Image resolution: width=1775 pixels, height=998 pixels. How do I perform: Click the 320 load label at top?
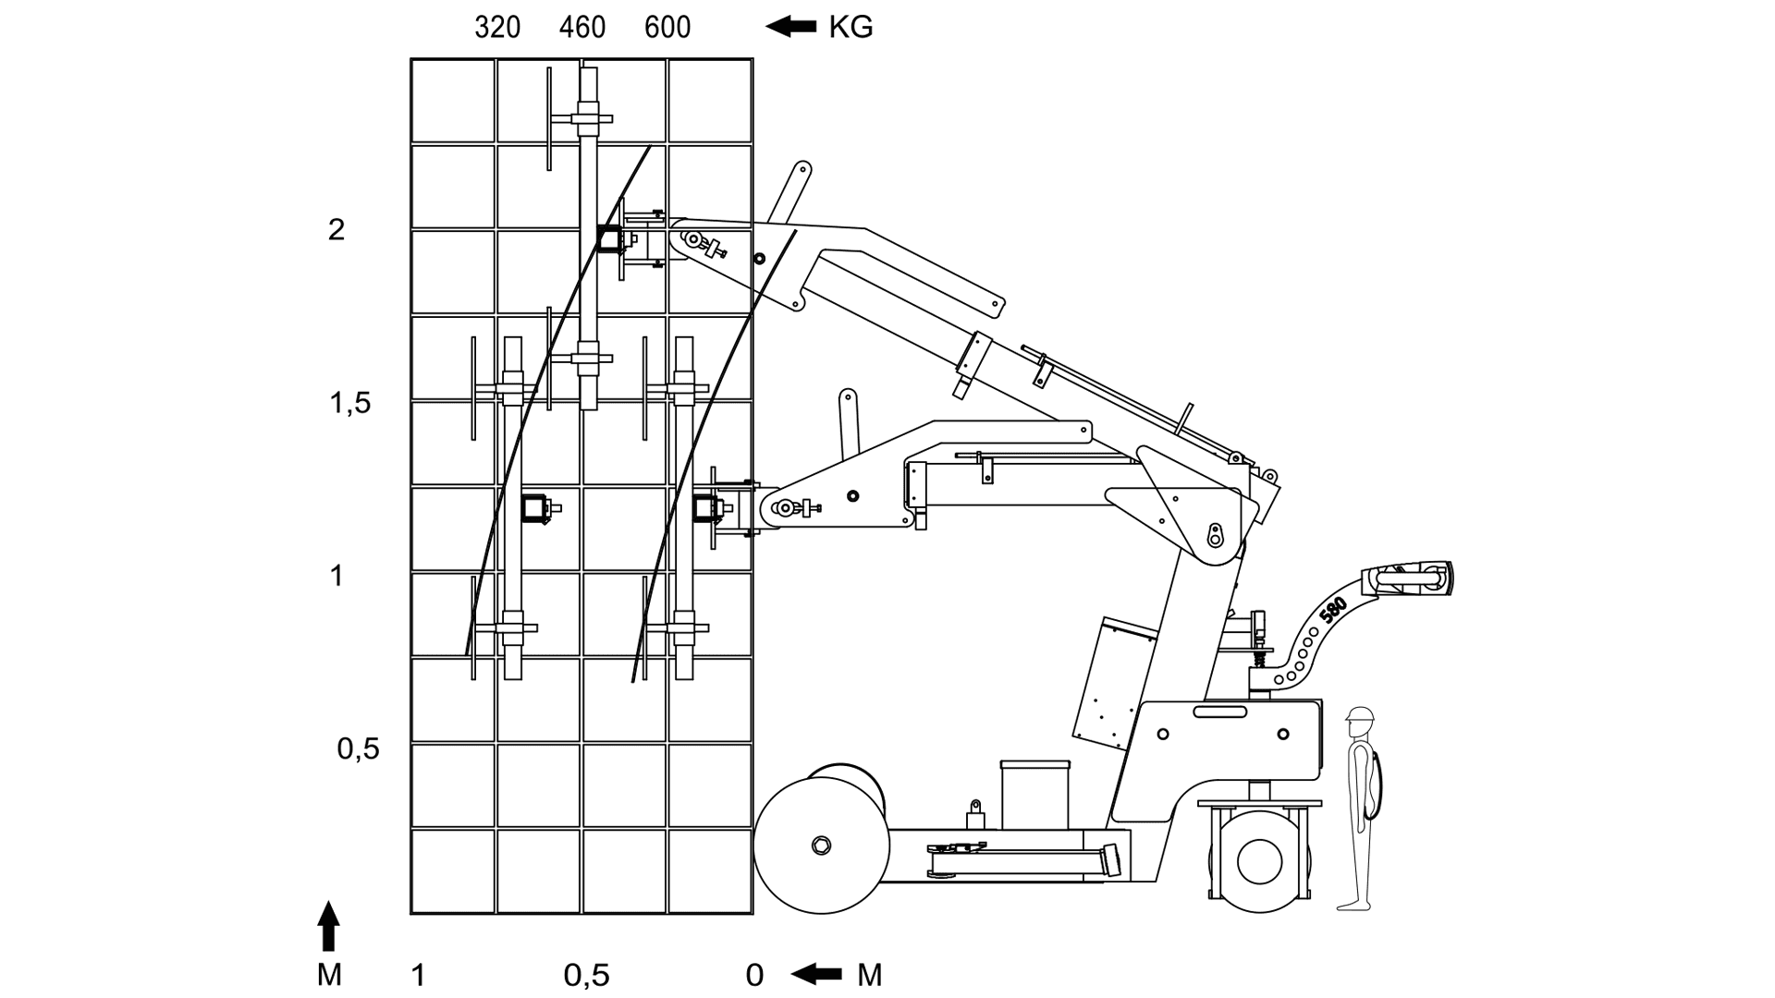[x=497, y=28]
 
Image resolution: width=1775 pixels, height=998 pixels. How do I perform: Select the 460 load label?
[x=582, y=28]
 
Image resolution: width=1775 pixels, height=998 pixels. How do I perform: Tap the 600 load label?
[x=667, y=28]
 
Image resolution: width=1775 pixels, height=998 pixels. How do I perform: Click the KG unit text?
[x=851, y=28]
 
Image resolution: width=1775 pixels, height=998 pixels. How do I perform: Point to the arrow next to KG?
[x=790, y=27]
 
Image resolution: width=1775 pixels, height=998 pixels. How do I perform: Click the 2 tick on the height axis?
[x=337, y=229]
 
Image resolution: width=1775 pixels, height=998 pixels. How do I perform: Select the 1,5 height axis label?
[x=350, y=403]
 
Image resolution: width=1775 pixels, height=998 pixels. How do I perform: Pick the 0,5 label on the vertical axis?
[x=358, y=748]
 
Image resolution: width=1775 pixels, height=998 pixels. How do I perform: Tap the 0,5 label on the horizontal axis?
[x=587, y=975]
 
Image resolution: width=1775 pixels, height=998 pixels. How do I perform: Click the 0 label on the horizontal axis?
[x=754, y=975]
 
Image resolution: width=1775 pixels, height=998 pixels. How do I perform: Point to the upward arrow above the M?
[x=328, y=926]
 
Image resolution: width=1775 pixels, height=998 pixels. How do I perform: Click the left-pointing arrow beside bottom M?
[x=817, y=974]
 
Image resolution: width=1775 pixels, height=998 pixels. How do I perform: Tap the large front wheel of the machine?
[x=821, y=846]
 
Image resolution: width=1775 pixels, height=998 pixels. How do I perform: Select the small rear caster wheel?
[x=1259, y=861]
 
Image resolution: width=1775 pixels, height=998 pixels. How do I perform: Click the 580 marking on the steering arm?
[x=1333, y=612]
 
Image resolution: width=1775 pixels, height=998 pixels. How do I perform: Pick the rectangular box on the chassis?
[x=1034, y=795]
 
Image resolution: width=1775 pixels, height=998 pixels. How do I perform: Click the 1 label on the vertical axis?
[x=337, y=576]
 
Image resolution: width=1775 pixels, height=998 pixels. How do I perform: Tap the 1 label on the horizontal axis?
[x=419, y=975]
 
